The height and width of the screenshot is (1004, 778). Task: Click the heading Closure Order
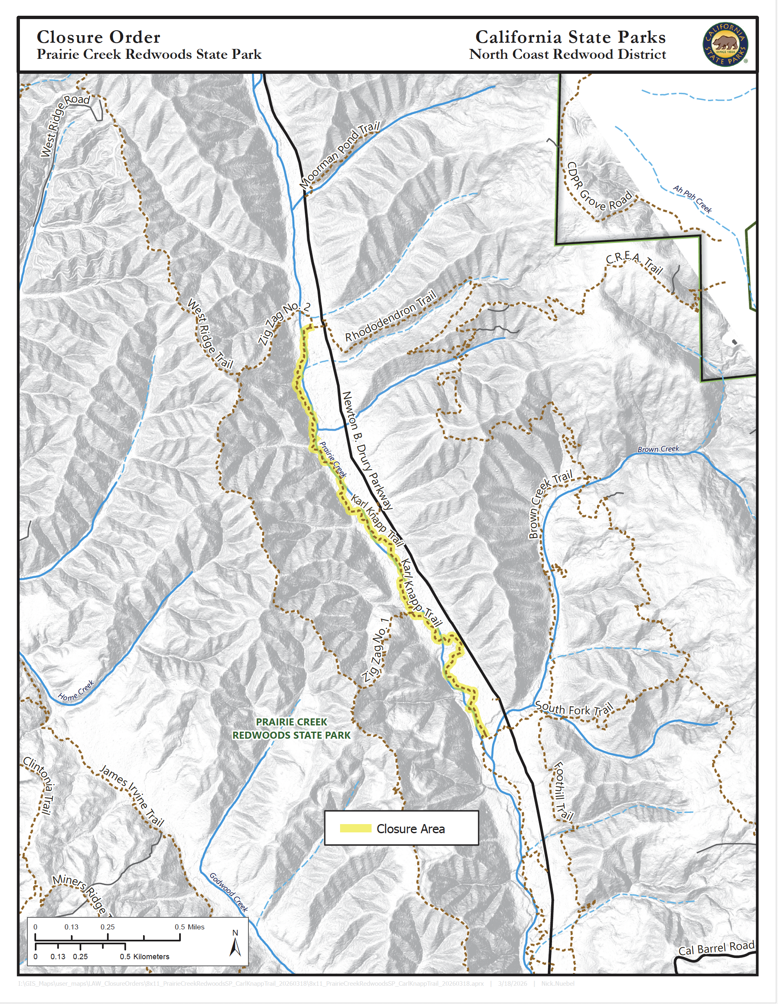(x=98, y=37)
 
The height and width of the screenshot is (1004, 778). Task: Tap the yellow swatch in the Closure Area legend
(x=355, y=828)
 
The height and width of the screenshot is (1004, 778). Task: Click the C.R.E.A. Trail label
(x=635, y=263)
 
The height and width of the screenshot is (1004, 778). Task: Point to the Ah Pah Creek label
(x=692, y=198)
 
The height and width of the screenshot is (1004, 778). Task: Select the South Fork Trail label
(x=574, y=709)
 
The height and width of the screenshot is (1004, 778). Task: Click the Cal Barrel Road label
(x=716, y=948)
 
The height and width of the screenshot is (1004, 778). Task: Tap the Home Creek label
(x=76, y=691)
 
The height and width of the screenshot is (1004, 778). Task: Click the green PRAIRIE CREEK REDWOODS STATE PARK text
(x=291, y=729)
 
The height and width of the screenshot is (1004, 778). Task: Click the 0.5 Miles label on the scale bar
(x=189, y=927)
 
